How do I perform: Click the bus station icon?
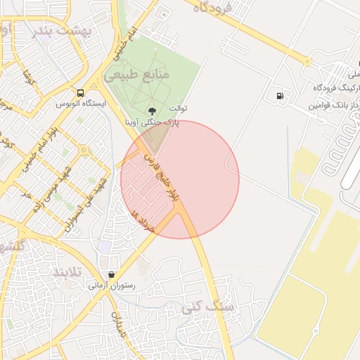click(80, 93)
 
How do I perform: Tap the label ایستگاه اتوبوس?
click(81, 103)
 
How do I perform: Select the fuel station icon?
click(281, 96)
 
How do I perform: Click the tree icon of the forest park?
click(153, 111)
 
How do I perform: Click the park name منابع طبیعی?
click(137, 72)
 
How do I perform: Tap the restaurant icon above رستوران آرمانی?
click(111, 274)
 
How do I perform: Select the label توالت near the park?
click(178, 109)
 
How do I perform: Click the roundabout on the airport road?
click(307, 61)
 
